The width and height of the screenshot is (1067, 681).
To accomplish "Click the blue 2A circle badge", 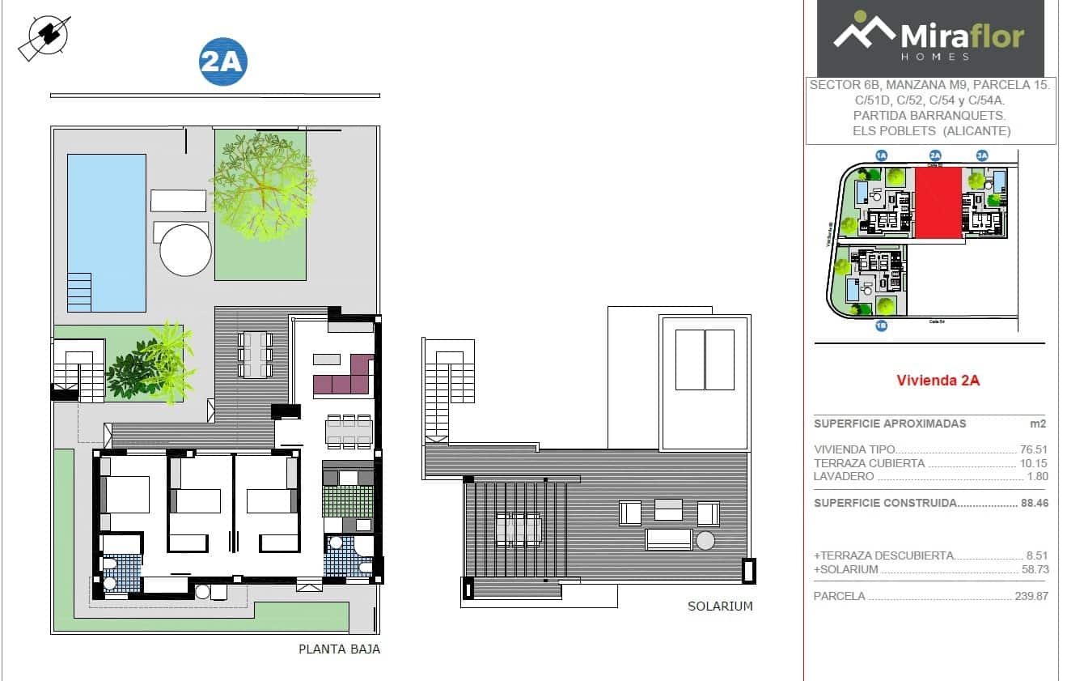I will point(222,62).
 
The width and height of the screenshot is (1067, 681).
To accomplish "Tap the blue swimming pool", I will point(106,232).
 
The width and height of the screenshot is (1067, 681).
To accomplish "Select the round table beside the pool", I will point(185,250).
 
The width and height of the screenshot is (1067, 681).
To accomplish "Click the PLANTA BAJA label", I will point(339,649).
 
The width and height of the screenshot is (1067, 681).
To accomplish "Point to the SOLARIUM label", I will point(720,606).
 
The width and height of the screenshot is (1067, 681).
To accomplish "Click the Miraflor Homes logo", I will point(929,38).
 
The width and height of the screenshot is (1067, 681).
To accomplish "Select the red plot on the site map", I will point(938,203).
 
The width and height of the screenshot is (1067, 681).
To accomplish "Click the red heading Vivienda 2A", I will point(938,381).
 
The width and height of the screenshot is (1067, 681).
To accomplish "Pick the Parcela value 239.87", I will point(1031,596).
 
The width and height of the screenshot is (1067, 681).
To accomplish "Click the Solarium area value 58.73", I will point(1033,569).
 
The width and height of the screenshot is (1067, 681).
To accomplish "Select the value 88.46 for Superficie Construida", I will point(1033,503).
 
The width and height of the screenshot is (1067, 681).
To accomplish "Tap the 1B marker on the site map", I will point(882,326).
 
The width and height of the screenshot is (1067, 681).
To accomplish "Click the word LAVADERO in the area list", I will point(844,476).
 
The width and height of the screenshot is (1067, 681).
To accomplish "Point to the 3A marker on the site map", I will point(982,155).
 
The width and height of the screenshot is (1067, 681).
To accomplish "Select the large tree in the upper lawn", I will point(260,185).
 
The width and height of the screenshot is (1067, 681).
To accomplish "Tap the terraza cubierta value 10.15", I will point(1033,463).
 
